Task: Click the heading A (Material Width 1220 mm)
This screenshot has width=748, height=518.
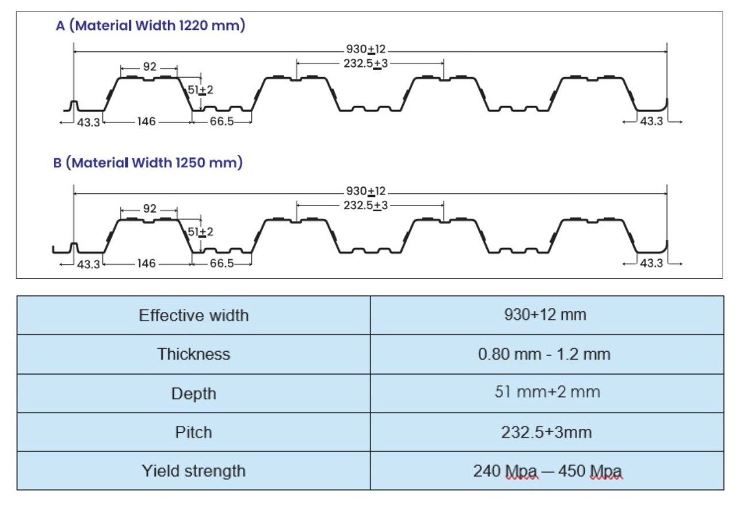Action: coord(151,25)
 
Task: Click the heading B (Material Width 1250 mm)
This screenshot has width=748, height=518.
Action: coord(148,163)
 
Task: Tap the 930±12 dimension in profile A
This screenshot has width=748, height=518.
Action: coord(365,49)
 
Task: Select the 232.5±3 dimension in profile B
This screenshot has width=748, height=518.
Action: coord(365,205)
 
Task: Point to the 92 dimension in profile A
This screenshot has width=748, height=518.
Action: coord(150,66)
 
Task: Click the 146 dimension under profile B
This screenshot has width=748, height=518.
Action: coord(146,263)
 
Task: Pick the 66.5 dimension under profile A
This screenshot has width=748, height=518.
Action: coord(222,121)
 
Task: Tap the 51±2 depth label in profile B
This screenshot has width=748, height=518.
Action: coord(200,231)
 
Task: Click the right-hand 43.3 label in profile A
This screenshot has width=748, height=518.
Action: coord(651,121)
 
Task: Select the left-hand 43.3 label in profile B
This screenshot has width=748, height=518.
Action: coord(89,265)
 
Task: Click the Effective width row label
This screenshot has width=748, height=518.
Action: coord(194,315)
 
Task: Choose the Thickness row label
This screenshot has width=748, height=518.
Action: coord(194,354)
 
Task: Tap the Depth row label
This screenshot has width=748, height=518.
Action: coord(194,394)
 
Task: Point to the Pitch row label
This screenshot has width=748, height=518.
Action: coord(194,432)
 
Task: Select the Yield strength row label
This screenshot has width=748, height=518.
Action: coord(194,471)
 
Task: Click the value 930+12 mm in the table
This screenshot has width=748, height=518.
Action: coord(545,315)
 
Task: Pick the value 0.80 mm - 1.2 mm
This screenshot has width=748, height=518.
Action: coord(544,354)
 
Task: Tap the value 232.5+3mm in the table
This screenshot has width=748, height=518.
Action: coord(547,432)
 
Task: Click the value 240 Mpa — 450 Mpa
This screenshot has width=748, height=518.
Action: coord(548,471)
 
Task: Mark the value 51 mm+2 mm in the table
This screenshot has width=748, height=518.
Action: coord(548,392)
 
